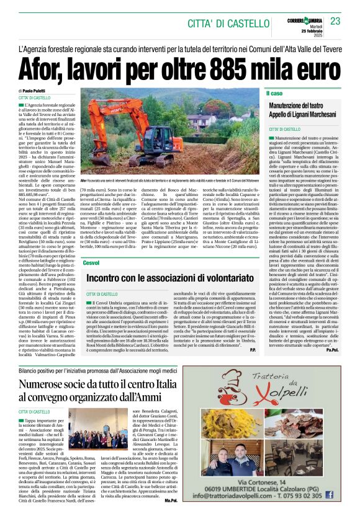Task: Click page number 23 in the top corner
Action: [x=336, y=21]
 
